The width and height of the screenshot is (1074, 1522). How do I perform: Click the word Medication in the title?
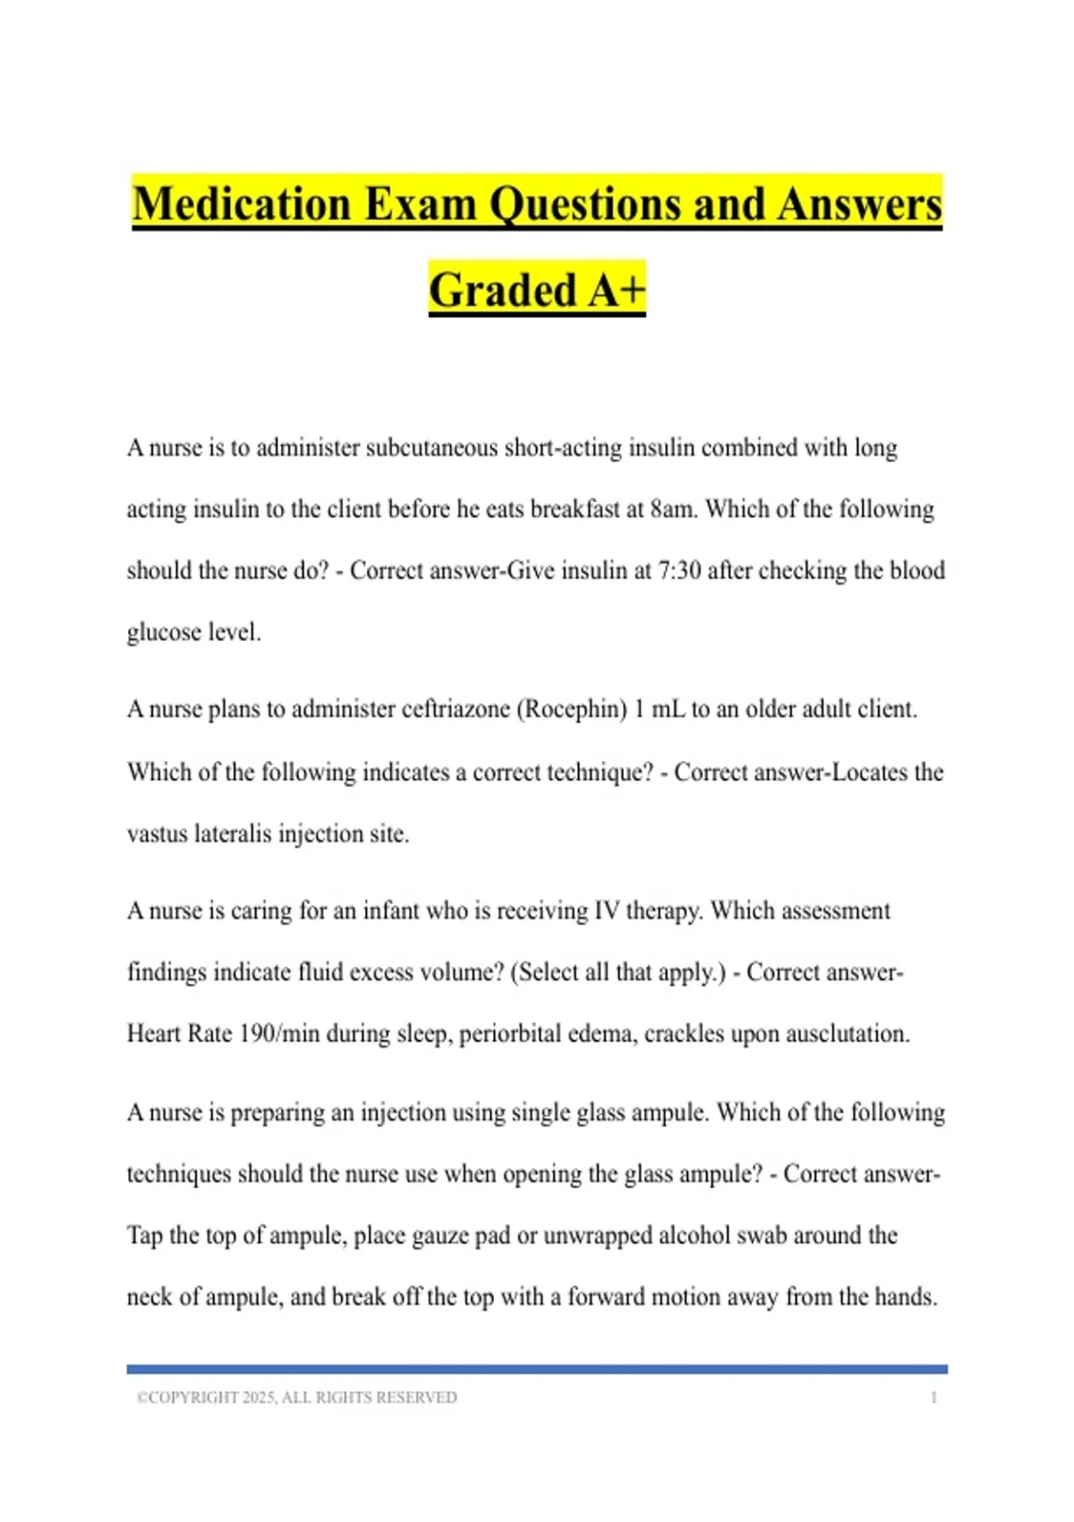click(242, 204)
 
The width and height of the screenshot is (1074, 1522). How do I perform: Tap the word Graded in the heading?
click(502, 290)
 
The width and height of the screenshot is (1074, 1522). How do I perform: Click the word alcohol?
click(695, 1236)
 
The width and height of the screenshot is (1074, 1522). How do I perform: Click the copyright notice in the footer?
click(296, 1398)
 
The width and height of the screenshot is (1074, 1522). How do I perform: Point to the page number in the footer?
click(933, 1398)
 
